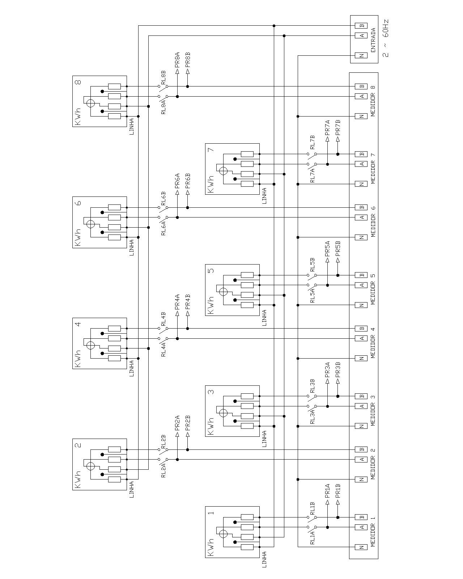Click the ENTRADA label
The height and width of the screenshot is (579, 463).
point(373,40)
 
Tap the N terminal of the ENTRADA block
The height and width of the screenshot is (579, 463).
point(361,56)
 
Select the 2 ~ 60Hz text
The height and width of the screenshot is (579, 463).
point(385,38)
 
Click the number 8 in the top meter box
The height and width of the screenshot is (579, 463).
point(78,81)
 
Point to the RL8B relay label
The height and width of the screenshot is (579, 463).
point(163,78)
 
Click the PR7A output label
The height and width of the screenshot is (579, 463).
point(327,128)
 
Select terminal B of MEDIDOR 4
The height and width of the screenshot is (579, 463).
point(361,329)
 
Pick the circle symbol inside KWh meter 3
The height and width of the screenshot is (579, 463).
point(224,413)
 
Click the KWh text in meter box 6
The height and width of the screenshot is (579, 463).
point(78,237)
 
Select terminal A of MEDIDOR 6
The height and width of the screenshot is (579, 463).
point(361,217)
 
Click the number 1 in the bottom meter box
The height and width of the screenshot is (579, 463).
point(212,513)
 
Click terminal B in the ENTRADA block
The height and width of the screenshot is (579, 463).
point(361,26)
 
